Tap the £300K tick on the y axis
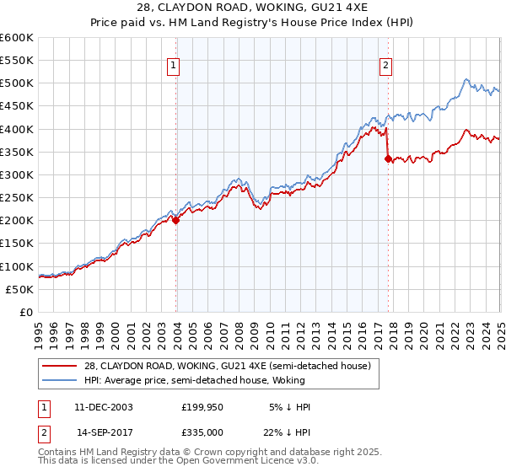17,174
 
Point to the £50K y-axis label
19,289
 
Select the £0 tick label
26,312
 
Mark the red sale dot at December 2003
176,221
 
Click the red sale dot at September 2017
389,158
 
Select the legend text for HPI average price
193,380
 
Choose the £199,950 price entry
202,407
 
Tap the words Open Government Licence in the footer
250,461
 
